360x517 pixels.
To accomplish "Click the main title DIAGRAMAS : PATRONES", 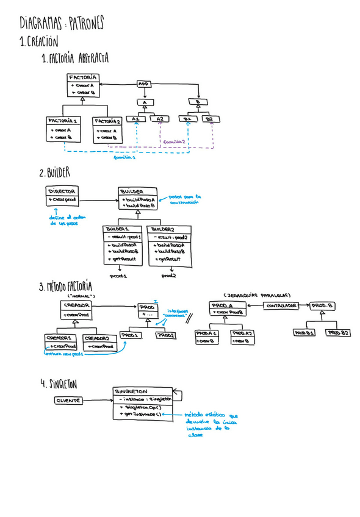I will pyautogui.click(x=62, y=25).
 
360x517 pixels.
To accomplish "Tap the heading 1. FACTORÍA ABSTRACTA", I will pyautogui.click(x=74, y=59).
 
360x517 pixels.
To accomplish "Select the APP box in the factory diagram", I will pyautogui.click(x=144, y=84).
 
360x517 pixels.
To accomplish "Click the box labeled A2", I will pyautogui.click(x=159, y=119).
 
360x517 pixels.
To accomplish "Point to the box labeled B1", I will pyautogui.click(x=187, y=119).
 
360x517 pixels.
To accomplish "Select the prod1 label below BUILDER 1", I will pyautogui.click(x=117, y=276).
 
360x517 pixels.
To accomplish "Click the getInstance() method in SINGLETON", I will pyautogui.click(x=141, y=414).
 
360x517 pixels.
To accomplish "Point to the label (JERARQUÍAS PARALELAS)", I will pyautogui.click(x=256, y=293).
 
